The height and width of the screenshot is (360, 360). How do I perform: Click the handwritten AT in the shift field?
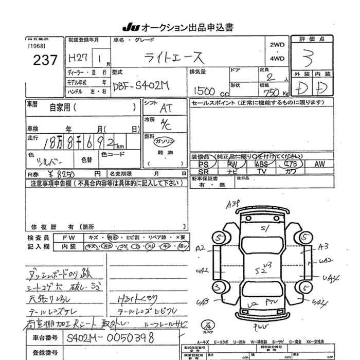[166, 109]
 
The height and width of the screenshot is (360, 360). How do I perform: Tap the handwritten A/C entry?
[166, 124]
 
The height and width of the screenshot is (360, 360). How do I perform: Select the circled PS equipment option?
[204, 164]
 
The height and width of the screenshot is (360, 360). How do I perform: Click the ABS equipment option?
[261, 164]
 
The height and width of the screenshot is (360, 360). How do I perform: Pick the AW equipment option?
[320, 164]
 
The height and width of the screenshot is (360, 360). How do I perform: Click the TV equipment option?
[261, 171]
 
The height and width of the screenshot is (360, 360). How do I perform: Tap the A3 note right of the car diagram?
[323, 246]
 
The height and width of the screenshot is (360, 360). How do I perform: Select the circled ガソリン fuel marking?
[166, 141]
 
